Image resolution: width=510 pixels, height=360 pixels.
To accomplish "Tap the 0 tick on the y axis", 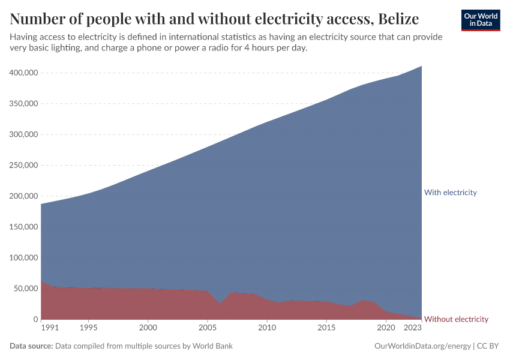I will pos(35,319).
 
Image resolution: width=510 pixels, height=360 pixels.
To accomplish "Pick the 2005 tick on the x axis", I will pos(207,328).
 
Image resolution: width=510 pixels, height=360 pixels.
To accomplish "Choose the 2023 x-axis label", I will pos(412,328).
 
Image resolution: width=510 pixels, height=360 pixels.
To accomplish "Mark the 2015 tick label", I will pos(326,328).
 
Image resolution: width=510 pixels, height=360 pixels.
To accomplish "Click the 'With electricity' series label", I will pos(450,193).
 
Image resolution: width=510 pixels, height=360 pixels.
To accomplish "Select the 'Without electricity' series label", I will pos(456,319).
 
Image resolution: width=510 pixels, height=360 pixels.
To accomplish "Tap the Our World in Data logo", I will pos(480,20).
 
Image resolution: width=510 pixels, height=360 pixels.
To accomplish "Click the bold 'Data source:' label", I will pos(31,346).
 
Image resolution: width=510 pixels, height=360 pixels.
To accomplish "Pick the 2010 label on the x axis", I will pos(266,328).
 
